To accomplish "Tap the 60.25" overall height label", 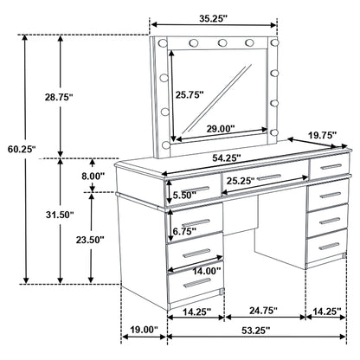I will pos(18,149).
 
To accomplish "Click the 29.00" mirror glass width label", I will pos(222,128).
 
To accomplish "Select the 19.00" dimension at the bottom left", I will pos(140,330).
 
